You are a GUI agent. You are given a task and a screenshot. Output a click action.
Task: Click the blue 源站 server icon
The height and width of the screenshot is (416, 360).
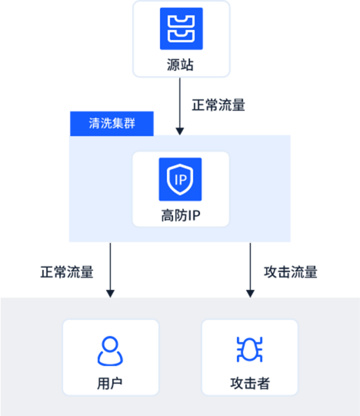pyautogui.click(x=182, y=28)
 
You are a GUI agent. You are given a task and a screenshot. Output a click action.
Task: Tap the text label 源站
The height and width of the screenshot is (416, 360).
pyautogui.click(x=180, y=65)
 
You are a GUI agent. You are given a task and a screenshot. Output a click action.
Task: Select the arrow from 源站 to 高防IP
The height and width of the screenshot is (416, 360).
pyautogui.click(x=180, y=106)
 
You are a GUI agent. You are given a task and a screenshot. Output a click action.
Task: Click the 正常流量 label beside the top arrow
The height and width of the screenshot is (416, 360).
pyautogui.click(x=218, y=105)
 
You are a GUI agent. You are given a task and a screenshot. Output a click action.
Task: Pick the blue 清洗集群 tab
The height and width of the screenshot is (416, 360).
pyautogui.click(x=112, y=124)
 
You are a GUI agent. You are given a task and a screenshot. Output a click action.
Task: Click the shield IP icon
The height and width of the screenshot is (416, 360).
pyautogui.click(x=180, y=179)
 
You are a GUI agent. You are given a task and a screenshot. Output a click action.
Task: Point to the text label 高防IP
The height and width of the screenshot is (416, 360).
pyautogui.click(x=181, y=215)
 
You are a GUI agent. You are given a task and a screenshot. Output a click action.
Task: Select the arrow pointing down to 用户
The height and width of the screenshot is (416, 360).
pyautogui.click(x=110, y=270)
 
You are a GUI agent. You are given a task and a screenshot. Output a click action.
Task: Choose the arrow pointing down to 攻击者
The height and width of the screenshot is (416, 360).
pyautogui.click(x=250, y=270)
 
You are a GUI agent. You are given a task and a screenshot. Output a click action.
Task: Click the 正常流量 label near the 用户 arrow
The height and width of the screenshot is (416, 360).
pyautogui.click(x=67, y=272)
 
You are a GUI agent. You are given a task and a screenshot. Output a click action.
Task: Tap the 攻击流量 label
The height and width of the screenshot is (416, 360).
pyautogui.click(x=291, y=272)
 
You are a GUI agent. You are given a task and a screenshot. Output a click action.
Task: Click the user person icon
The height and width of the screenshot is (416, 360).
pyautogui.click(x=110, y=351)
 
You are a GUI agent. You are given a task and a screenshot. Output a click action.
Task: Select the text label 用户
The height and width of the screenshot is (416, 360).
pyautogui.click(x=110, y=384)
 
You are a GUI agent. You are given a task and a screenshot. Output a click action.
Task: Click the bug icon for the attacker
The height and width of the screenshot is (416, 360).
pyautogui.click(x=249, y=349)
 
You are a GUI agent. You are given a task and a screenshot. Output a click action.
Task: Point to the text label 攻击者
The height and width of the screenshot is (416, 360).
pyautogui.click(x=250, y=384)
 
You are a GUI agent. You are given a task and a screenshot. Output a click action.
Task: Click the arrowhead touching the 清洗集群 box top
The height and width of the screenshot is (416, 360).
pyautogui.click(x=180, y=131)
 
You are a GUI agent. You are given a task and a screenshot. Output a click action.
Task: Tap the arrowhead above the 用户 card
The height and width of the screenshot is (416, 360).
pyautogui.click(x=110, y=294)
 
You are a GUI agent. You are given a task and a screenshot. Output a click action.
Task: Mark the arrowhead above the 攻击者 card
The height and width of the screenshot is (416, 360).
pyautogui.click(x=250, y=294)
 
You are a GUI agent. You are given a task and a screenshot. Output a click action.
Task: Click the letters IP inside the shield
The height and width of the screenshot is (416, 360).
pyautogui.click(x=181, y=180)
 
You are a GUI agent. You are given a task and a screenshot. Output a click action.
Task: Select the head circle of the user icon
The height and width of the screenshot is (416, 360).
pyautogui.click(x=110, y=344)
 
